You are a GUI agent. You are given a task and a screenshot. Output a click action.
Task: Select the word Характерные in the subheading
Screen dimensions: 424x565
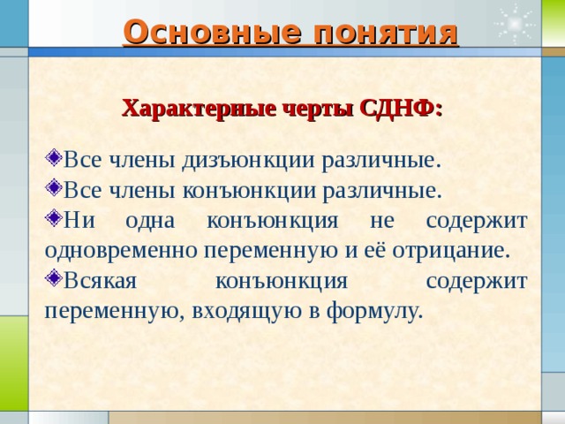point(185,109)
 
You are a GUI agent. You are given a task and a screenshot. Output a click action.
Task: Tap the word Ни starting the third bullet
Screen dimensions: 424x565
point(77,220)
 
